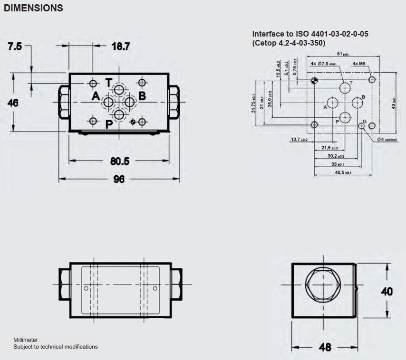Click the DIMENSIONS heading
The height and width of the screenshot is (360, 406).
pyautogui.click(x=33, y=8)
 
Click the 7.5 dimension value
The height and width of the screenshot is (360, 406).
pyautogui.click(x=15, y=47)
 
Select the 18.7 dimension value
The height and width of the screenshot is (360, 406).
pyautogui.click(x=121, y=47)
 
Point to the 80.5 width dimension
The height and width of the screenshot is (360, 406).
pyautogui.click(x=119, y=161)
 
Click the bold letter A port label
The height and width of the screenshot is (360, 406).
pyautogui.click(x=96, y=96)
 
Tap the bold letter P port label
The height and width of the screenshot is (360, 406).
pyautogui.click(x=108, y=125)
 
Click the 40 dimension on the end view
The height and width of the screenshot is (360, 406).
pyautogui.click(x=387, y=291)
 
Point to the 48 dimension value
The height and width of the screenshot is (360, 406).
pyautogui.click(x=325, y=347)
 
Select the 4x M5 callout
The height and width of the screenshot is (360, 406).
pyautogui.click(x=360, y=63)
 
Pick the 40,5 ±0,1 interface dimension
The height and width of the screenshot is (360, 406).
pyautogui.click(x=342, y=173)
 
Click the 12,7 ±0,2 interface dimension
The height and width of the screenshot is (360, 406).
pyautogui.click(x=299, y=140)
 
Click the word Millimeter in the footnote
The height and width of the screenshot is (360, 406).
pyautogui.click(x=26, y=340)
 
